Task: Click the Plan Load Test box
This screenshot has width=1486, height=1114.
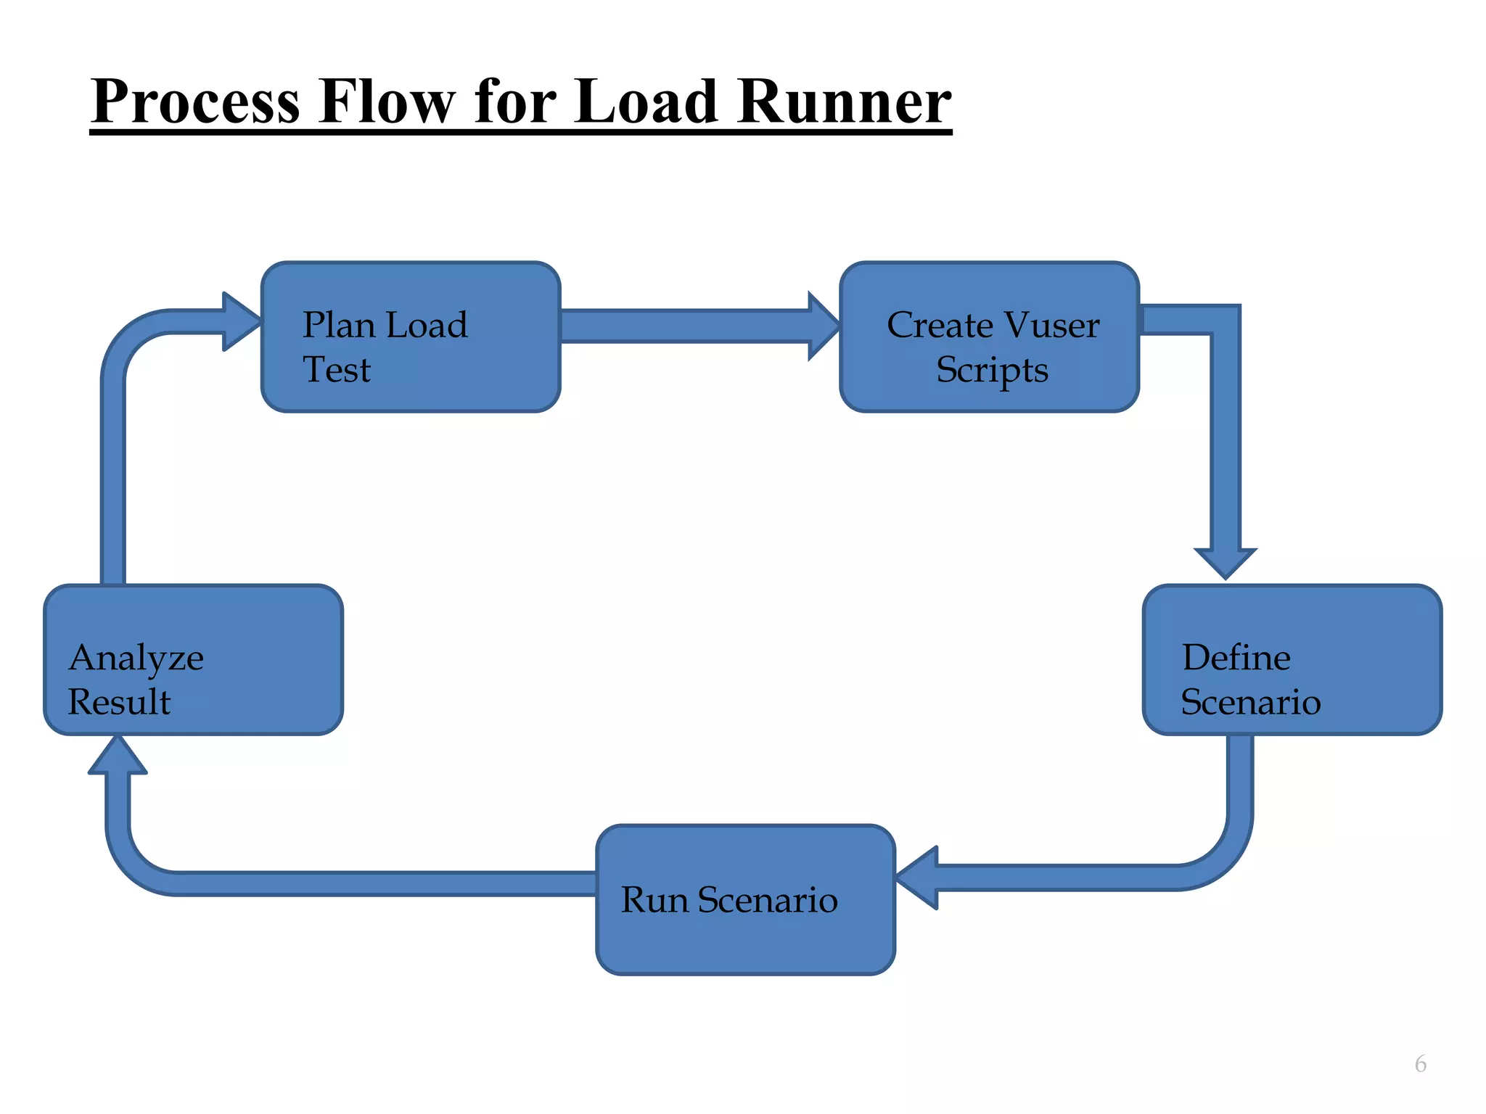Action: pyautogui.click(x=411, y=337)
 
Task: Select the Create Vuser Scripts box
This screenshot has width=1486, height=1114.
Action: pyautogui.click(x=990, y=337)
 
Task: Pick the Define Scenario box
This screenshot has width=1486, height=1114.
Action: pyautogui.click(x=1292, y=660)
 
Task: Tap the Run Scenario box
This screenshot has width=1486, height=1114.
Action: pyautogui.click(x=745, y=900)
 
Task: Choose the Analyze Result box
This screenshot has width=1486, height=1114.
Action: pyautogui.click(x=193, y=660)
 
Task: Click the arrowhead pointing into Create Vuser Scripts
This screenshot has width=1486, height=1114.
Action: pyautogui.click(x=824, y=326)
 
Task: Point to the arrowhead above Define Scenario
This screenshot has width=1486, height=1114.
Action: pyautogui.click(x=1226, y=563)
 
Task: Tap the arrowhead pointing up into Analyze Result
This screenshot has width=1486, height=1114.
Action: pyautogui.click(x=118, y=756)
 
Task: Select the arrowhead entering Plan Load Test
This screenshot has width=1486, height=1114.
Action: pyautogui.click(x=241, y=321)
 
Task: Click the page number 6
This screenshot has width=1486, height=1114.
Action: pyautogui.click(x=1420, y=1064)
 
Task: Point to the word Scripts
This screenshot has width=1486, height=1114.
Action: pyautogui.click(x=992, y=370)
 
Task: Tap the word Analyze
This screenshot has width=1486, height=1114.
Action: pyautogui.click(x=136, y=659)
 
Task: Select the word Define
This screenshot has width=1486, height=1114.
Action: pyautogui.click(x=1236, y=658)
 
